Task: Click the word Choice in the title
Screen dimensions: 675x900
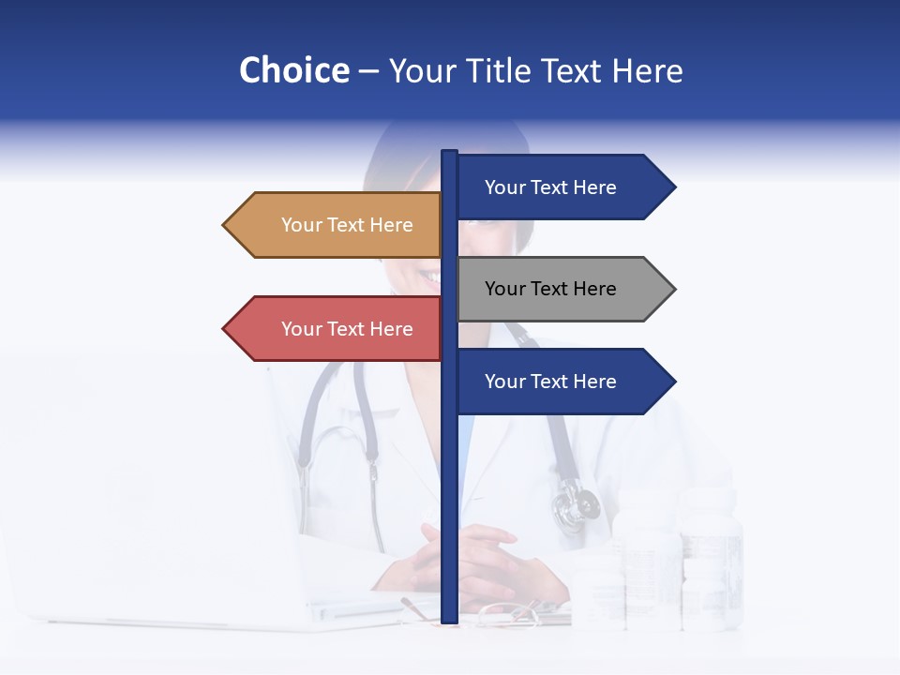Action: [x=293, y=70]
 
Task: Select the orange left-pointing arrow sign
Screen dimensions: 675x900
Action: [x=337, y=225]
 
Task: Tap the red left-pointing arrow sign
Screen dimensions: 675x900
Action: [x=337, y=329]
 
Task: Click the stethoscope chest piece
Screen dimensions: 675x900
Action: [x=574, y=506]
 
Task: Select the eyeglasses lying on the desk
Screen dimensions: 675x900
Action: [x=506, y=614]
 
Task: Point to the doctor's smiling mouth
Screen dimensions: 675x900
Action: [x=429, y=276]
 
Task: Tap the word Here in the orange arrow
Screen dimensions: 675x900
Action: [x=392, y=225]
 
